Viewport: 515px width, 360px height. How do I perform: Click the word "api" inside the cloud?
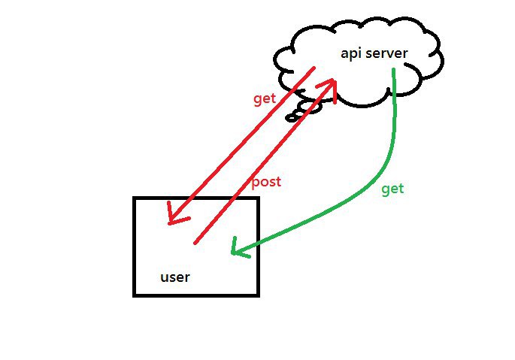click(x=350, y=53)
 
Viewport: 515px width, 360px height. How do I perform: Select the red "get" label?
click(x=264, y=98)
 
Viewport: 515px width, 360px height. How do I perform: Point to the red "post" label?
click(x=265, y=182)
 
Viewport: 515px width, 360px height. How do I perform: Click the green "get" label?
click(x=392, y=189)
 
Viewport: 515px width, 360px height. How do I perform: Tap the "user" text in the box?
click(x=175, y=277)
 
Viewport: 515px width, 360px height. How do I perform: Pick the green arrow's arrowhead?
click(x=234, y=251)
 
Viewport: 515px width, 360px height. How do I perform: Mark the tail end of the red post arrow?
click(x=195, y=243)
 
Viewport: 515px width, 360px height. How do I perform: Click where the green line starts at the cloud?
click(x=394, y=71)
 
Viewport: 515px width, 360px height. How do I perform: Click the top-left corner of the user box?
click(x=135, y=198)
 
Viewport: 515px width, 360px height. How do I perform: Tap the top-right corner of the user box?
click(x=258, y=198)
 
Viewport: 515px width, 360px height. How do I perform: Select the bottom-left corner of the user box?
click(x=135, y=295)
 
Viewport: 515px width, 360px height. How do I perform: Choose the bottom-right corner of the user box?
click(x=258, y=295)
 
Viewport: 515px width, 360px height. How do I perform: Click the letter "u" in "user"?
click(x=165, y=277)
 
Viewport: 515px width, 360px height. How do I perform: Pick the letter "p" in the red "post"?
click(x=254, y=183)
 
